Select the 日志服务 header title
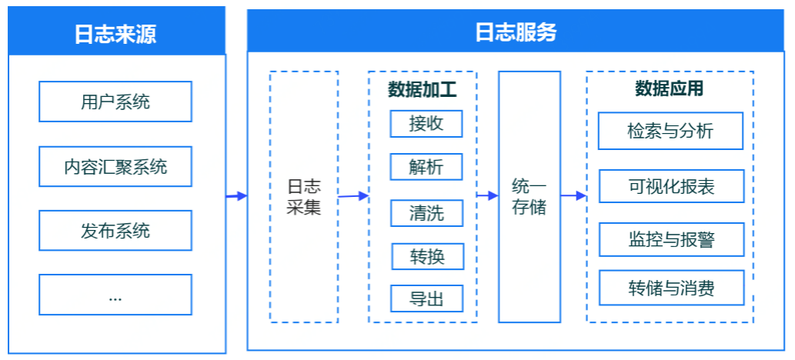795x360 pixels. pyautogui.click(x=516, y=32)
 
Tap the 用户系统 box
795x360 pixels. pyautogui.click(x=115, y=102)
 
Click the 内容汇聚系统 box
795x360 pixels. pyautogui.click(x=115, y=166)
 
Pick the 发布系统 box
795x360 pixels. pyautogui.click(x=115, y=230)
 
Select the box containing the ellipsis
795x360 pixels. pyautogui.click(x=115, y=295)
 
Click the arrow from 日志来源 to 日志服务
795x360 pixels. pyautogui.click(x=236, y=196)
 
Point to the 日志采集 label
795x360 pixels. pyautogui.click(x=303, y=197)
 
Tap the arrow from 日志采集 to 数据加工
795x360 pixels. pyautogui.click(x=353, y=196)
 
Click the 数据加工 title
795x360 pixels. pyautogui.click(x=422, y=90)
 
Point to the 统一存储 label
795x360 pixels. pyautogui.click(x=529, y=197)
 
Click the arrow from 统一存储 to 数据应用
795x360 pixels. pyautogui.click(x=573, y=196)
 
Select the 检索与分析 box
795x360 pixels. pyautogui.click(x=670, y=131)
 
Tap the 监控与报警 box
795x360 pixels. pyautogui.click(x=670, y=239)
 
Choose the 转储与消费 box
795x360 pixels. pyautogui.click(x=670, y=288)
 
